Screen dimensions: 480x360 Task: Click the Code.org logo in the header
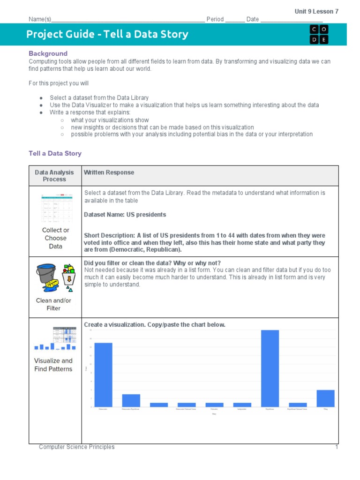[319, 35]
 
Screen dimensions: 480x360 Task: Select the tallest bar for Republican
[270, 368]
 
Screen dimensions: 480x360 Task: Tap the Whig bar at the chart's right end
[325, 398]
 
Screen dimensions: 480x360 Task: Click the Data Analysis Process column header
[55, 176]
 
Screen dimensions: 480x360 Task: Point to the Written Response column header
[109, 172]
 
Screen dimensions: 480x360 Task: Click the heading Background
[48, 53]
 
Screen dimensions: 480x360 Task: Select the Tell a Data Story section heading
[55, 153]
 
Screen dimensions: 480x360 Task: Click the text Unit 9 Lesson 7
[316, 11]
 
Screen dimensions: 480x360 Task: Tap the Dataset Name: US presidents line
[125, 215]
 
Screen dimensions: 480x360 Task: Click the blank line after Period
[235, 20]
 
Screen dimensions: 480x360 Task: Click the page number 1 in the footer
[336, 447]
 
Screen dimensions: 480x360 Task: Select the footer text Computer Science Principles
[76, 447]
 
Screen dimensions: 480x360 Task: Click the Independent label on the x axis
[242, 409]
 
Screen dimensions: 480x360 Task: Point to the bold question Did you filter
[152, 262]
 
